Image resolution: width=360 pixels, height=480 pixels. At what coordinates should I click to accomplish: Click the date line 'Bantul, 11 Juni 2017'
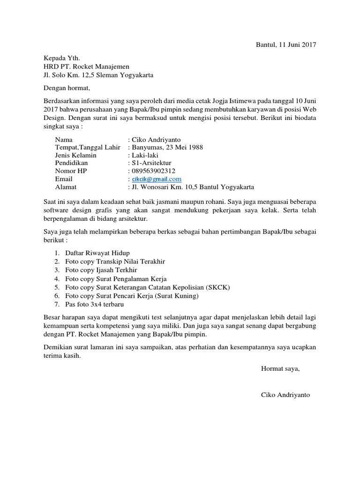pos(285,45)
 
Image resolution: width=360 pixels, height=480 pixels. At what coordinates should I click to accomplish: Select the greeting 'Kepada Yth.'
pos(62,58)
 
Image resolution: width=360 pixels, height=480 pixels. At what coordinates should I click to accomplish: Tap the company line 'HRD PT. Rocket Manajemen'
pos(86,67)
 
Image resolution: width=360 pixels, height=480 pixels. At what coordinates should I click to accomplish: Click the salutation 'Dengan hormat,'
pos(66,88)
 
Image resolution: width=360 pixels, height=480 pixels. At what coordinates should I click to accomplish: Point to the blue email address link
pos(156,179)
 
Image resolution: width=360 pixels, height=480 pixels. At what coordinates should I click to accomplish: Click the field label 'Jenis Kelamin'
pos(75,155)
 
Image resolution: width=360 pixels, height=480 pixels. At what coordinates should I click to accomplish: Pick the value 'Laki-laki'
pos(144,155)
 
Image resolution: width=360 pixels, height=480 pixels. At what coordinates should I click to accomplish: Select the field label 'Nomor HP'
pos(71,171)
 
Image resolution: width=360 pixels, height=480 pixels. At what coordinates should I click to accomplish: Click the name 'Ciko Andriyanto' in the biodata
pos(156,140)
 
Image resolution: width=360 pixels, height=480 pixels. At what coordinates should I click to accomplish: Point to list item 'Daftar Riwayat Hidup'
pos(97,253)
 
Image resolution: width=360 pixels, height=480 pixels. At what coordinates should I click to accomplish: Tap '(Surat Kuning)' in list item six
pos(177,296)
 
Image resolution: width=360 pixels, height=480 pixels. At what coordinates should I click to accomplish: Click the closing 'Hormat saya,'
pos(280,368)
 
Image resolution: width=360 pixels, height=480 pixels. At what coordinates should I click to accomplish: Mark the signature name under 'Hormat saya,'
pos(285,395)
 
